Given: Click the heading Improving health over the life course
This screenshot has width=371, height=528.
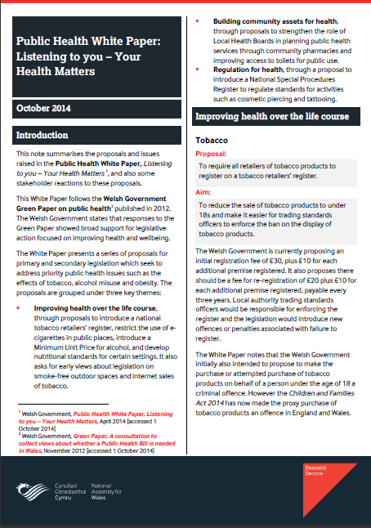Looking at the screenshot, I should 271,117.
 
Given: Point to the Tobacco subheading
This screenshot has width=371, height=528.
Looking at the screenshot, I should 212,140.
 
